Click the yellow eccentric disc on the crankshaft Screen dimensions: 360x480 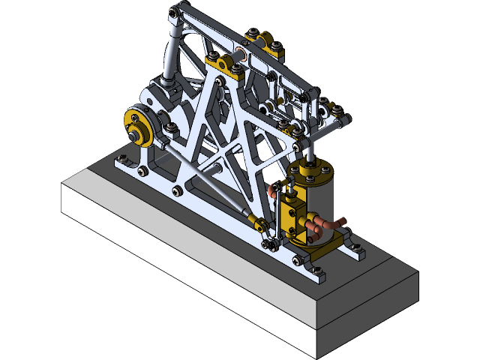137,120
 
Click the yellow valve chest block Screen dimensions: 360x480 295,214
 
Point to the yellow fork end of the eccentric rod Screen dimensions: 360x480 258,222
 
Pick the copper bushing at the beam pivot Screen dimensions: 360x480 241,54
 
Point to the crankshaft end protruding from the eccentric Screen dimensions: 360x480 133,136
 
